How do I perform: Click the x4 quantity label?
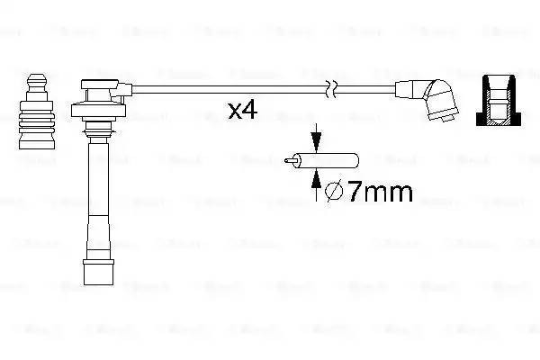tap(243, 112)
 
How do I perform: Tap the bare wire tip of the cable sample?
tap(288, 162)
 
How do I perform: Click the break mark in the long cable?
tap(333, 88)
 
